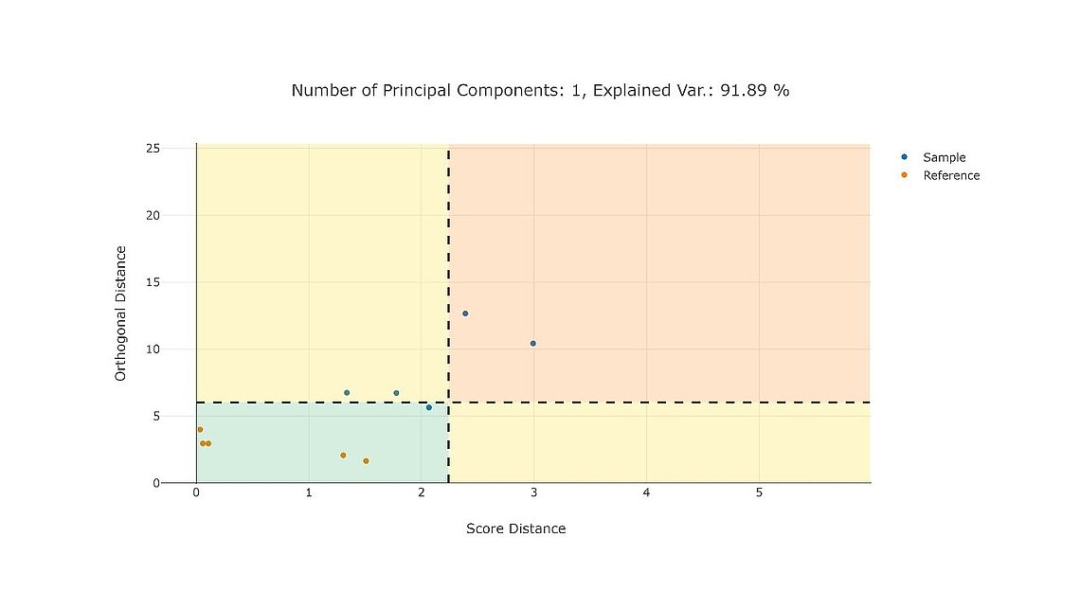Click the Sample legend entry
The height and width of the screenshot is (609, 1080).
click(944, 157)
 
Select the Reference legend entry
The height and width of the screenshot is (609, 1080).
click(950, 175)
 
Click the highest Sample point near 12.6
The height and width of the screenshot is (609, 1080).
click(465, 313)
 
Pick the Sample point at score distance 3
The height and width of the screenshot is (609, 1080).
click(533, 343)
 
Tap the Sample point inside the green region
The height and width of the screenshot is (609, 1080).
click(429, 407)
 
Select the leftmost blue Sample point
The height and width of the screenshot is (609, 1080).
click(347, 392)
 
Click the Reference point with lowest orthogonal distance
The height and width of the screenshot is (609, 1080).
click(366, 461)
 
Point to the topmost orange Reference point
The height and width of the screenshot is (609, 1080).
click(200, 429)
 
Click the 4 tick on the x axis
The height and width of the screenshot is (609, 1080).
click(646, 493)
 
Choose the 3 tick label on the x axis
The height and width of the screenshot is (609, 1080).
click(533, 493)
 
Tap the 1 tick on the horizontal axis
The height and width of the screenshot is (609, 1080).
click(309, 493)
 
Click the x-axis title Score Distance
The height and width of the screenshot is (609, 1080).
click(515, 528)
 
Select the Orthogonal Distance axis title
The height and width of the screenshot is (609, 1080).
click(120, 313)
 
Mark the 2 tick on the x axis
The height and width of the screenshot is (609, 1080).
click(422, 493)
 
